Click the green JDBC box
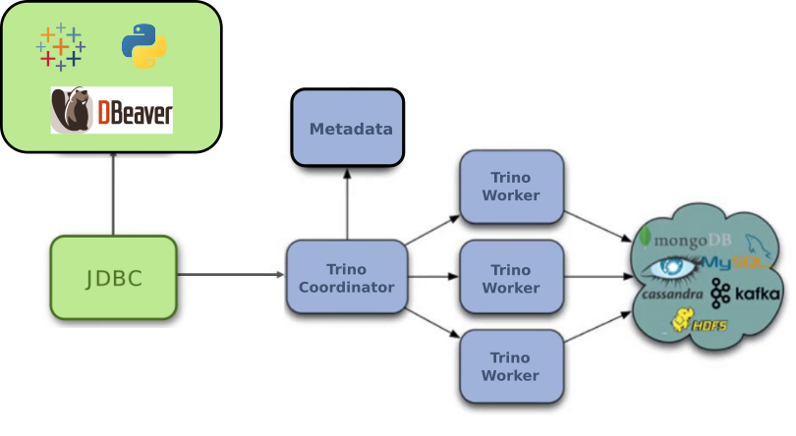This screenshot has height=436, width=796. [113, 278]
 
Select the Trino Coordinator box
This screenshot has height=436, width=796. [346, 278]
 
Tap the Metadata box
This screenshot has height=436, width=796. [348, 129]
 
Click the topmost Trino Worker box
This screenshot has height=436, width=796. [511, 186]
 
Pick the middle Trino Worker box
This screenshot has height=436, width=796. [511, 278]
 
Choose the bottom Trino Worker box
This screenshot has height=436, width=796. [511, 366]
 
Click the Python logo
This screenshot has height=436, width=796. [143, 47]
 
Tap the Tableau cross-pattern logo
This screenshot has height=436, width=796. [61, 47]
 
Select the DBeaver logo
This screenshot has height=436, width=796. [112, 110]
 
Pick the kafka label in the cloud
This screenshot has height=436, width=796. [747, 293]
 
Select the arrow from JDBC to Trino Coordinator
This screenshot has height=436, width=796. [231, 275]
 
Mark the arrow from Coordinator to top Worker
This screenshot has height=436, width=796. [432, 229]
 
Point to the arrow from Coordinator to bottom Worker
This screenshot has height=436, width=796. [432, 324]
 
